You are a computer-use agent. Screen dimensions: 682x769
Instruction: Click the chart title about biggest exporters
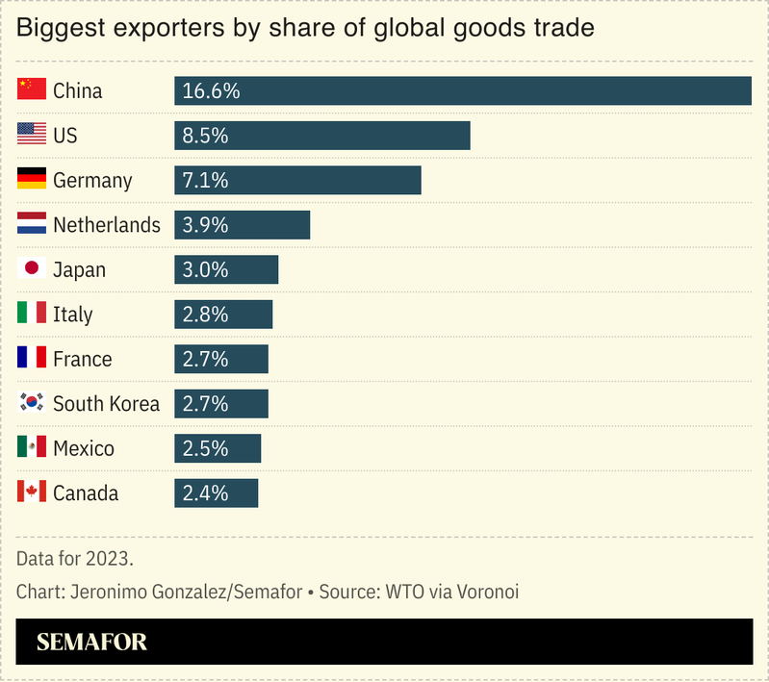305,28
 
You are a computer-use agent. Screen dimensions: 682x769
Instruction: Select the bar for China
462,91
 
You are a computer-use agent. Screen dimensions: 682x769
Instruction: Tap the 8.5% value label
205,136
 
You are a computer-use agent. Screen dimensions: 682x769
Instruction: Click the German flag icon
32,180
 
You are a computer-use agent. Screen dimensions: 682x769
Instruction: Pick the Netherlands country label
106,225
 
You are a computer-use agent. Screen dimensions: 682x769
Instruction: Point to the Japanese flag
32,269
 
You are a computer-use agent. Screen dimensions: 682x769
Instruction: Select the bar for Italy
223,315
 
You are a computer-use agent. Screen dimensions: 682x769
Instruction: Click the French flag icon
32,359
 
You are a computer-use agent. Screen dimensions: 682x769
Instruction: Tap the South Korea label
106,404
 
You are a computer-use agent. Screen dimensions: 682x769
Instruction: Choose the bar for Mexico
218,448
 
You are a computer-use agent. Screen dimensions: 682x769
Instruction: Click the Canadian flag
32,493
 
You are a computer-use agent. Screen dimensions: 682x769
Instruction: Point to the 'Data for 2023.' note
74,558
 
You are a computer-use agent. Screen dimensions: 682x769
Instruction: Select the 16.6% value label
210,91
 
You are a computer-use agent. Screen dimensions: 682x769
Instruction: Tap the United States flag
32,136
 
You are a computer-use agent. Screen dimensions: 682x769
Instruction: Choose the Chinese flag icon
32,90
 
